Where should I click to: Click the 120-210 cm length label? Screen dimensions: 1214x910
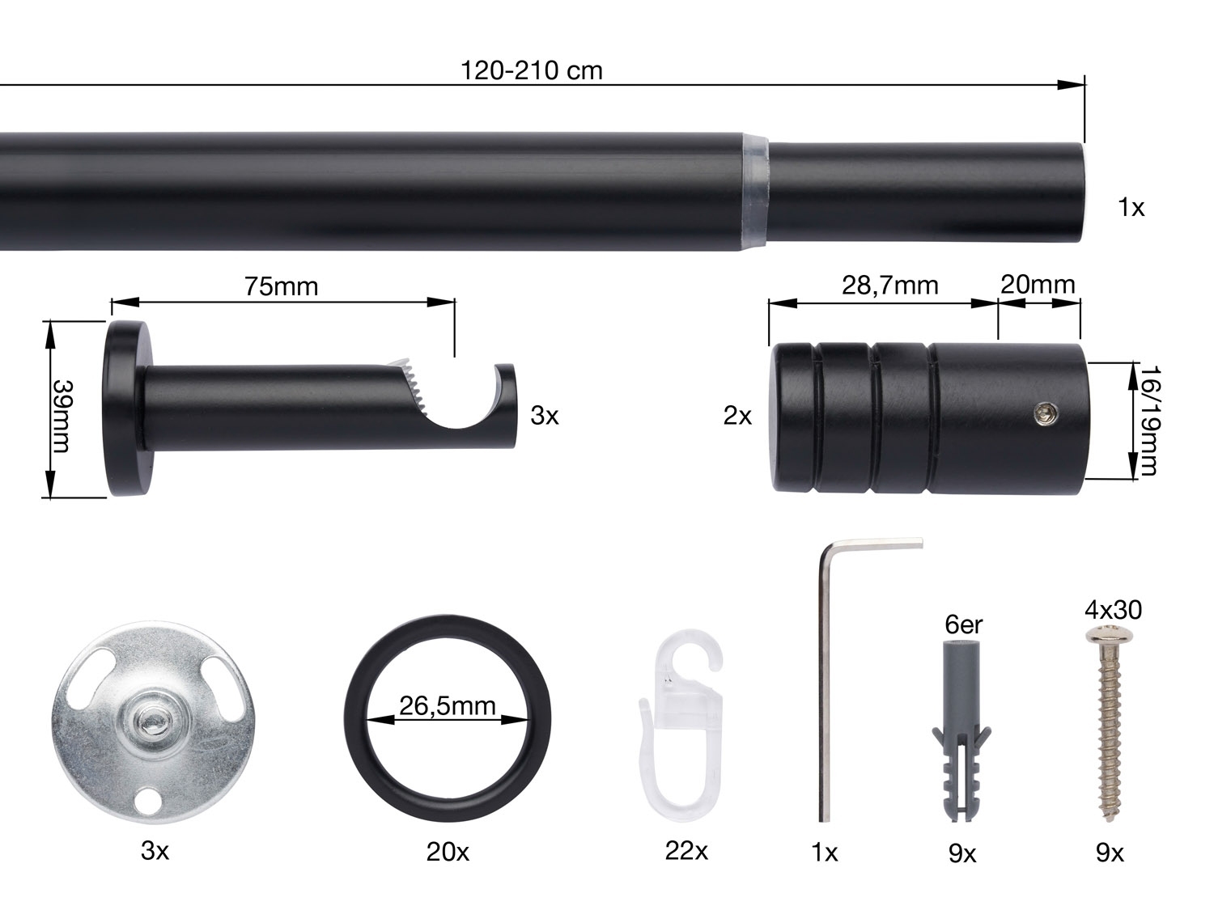(531, 70)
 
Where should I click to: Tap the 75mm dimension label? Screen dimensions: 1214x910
(282, 286)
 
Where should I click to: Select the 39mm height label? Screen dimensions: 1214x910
(62, 416)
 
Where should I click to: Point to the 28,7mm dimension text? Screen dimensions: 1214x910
(890, 286)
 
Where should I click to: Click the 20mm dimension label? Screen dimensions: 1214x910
(1038, 285)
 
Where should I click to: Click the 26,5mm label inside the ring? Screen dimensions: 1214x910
(448, 705)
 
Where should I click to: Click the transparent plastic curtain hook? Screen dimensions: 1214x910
(681, 725)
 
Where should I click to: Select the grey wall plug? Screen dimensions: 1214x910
(961, 730)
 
